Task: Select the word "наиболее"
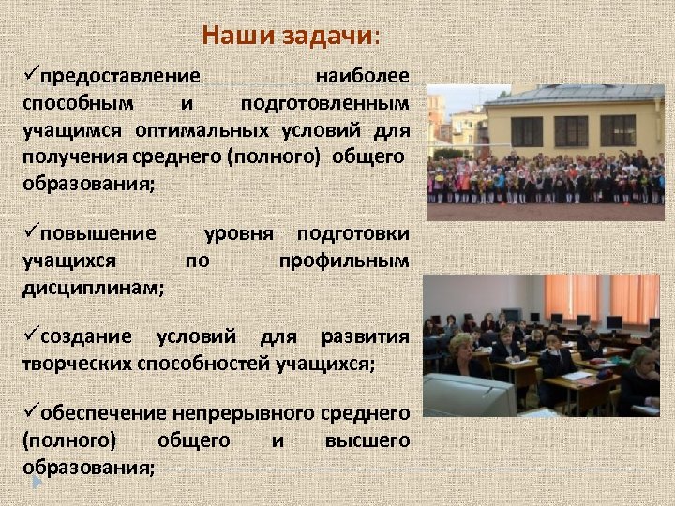pos(362,76)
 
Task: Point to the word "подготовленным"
pos(324,102)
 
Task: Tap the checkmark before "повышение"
pos(31,232)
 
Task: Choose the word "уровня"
pos(238,233)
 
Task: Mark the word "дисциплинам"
pos(91,287)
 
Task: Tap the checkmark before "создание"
pos(31,335)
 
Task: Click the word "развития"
pos(366,336)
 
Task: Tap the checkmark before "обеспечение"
pos(31,412)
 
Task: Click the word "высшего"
pos(367,439)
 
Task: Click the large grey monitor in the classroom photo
pos(468,394)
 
